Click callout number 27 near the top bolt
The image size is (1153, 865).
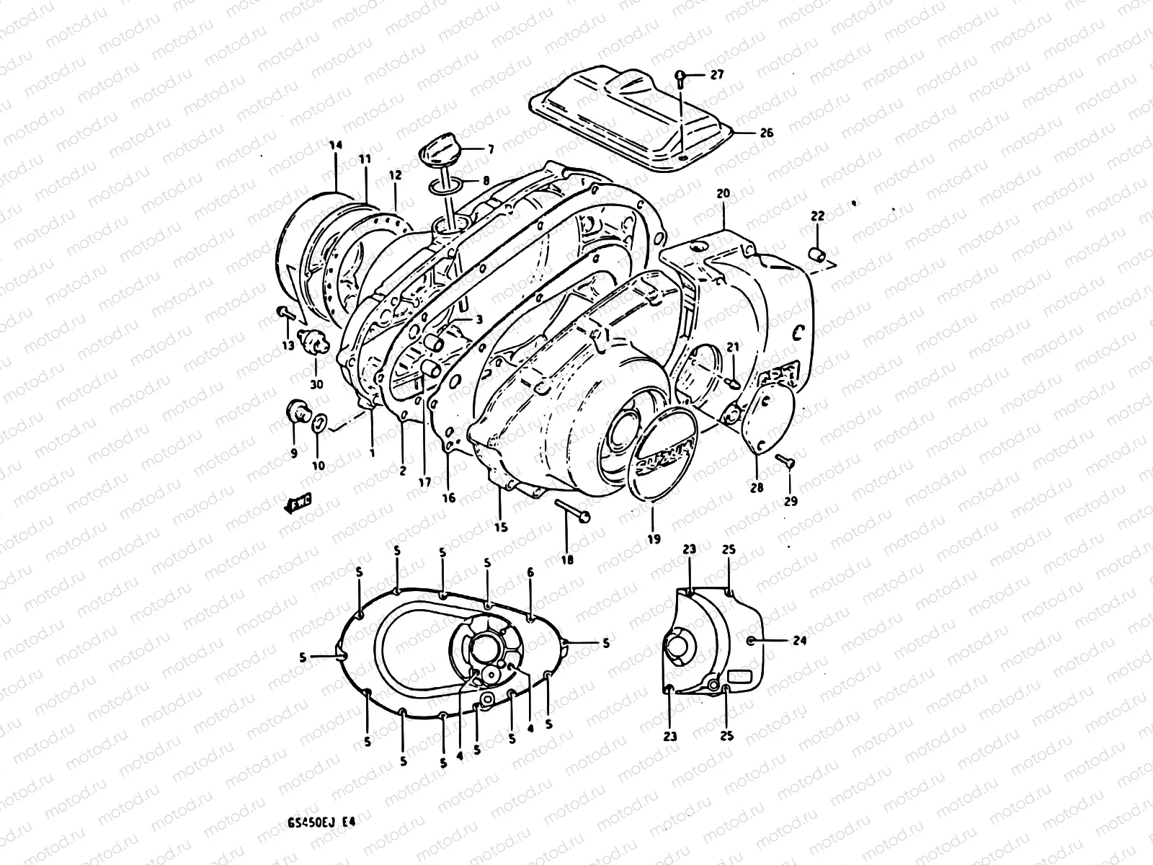point(717,75)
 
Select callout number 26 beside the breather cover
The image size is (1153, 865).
point(765,133)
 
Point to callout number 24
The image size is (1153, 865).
point(780,640)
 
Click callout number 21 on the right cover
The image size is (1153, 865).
point(732,347)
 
